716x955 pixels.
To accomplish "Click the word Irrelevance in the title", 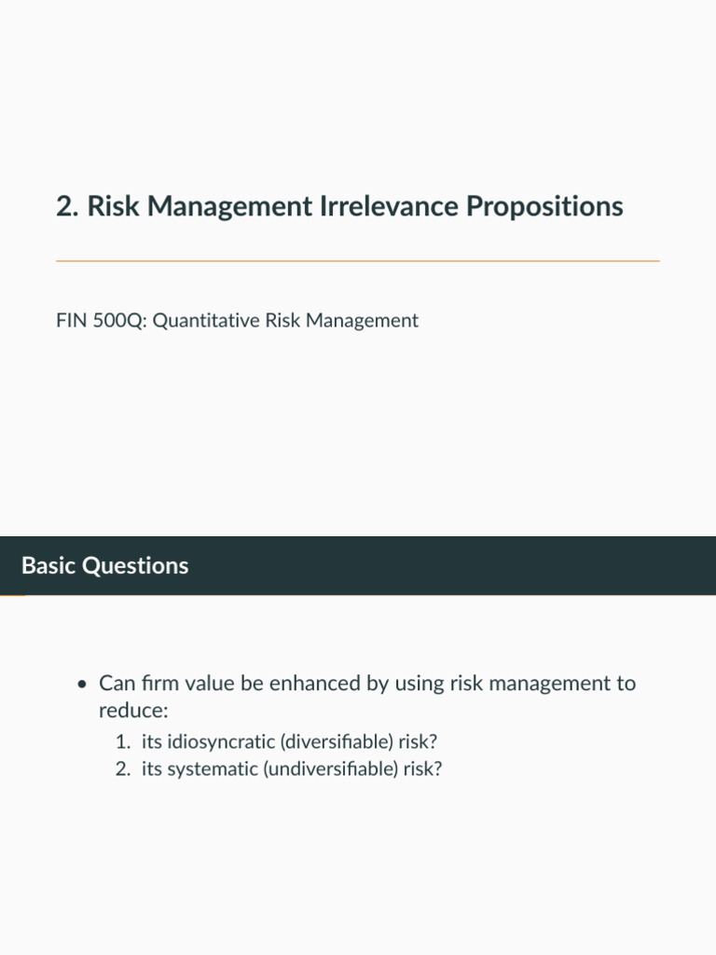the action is click(389, 206).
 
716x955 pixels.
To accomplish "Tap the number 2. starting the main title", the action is click(67, 206).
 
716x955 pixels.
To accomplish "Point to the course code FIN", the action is click(71, 321).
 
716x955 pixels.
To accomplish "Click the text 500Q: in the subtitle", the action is click(120, 321).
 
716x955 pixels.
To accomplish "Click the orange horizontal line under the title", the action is click(358, 261).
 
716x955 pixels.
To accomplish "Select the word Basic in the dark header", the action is click(48, 565).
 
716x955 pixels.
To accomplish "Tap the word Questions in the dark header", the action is click(135, 566).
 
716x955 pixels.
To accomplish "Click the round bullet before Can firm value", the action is click(83, 685).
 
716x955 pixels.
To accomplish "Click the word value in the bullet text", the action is click(210, 684).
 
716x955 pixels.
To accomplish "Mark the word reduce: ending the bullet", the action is click(133, 711).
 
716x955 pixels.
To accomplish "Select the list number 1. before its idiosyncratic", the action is click(124, 741).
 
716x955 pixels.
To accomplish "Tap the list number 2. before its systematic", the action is click(124, 768).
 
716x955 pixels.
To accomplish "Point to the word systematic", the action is click(213, 769).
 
